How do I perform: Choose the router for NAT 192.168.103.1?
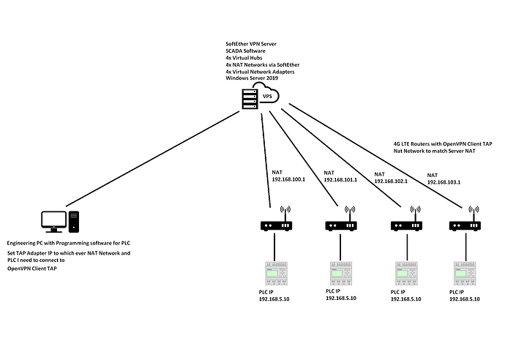pos(465,224)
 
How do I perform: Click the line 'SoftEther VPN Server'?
pos(253,45)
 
